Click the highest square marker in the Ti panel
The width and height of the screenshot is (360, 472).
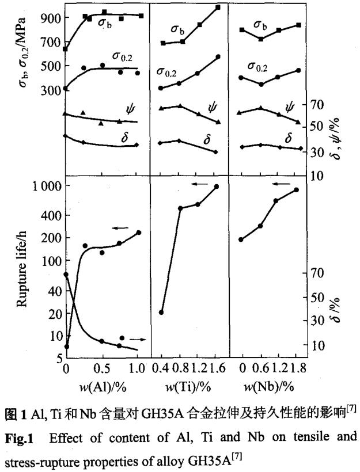point(218,7)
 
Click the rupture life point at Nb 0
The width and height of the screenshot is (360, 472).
point(241,239)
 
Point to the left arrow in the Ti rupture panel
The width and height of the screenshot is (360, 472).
point(199,184)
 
